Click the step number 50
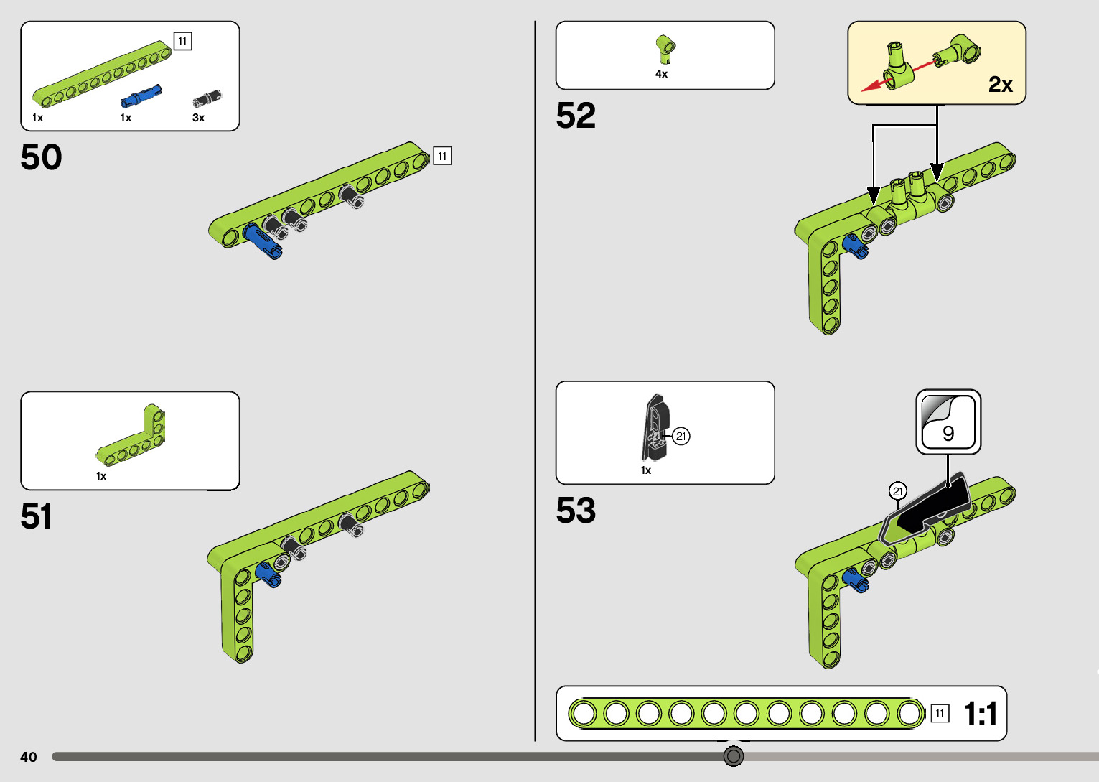(x=41, y=157)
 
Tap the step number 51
(x=37, y=516)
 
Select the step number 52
(x=576, y=116)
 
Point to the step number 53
(x=576, y=511)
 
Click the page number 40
(x=29, y=757)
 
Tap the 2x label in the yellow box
(x=1000, y=85)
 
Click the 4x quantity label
(x=661, y=74)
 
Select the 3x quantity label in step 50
(x=199, y=118)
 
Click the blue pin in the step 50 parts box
(x=141, y=96)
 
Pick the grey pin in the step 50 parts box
(x=207, y=98)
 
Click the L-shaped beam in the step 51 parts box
(x=133, y=436)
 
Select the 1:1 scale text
(x=981, y=714)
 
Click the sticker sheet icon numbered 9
(x=948, y=422)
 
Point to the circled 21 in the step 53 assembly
(x=897, y=491)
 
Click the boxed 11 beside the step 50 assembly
(x=442, y=156)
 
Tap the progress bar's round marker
(x=733, y=756)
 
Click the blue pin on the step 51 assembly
(x=268, y=574)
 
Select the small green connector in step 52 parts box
(x=665, y=47)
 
